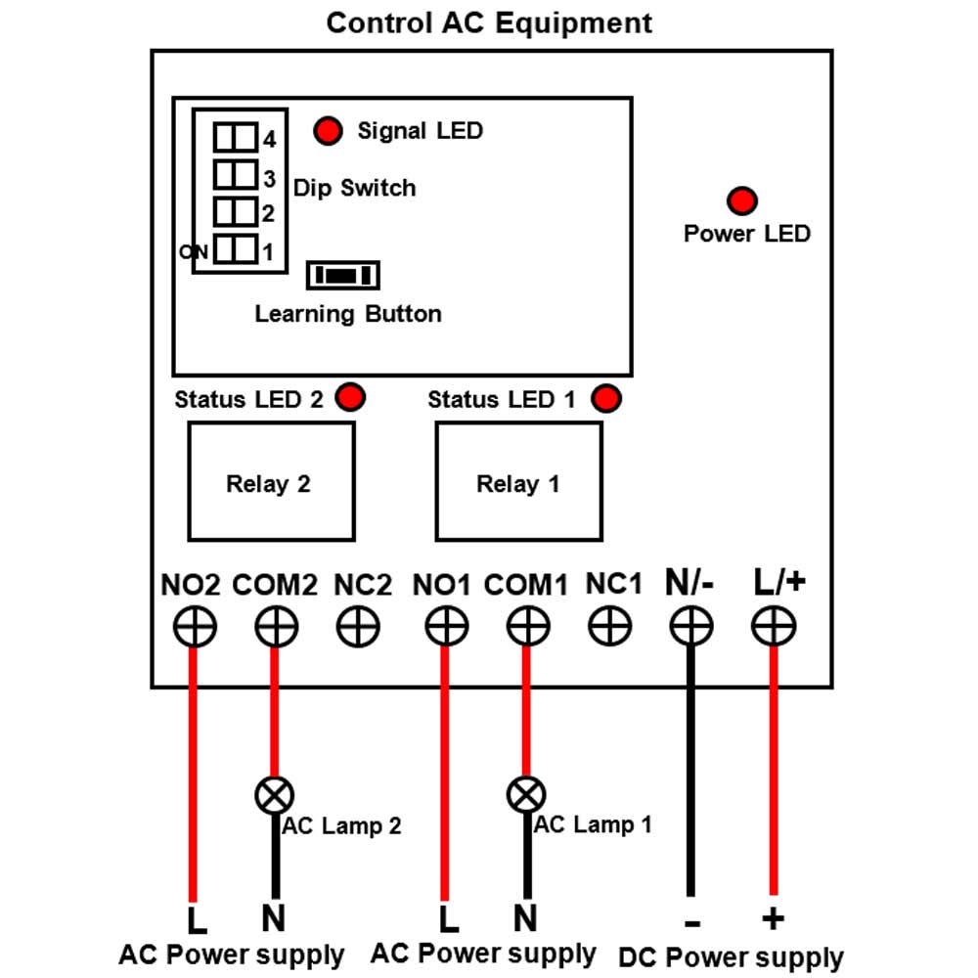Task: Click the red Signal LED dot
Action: pyautogui.click(x=328, y=131)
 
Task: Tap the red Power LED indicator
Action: pyautogui.click(x=741, y=200)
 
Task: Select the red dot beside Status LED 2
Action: pyautogui.click(x=350, y=397)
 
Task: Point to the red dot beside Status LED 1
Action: pyautogui.click(x=606, y=399)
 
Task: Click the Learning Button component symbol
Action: pyautogui.click(x=343, y=275)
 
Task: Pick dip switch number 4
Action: pyautogui.click(x=235, y=137)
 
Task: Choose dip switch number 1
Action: pyautogui.click(x=235, y=248)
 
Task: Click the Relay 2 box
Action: pyautogui.click(x=271, y=481)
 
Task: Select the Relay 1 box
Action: pyautogui.click(x=518, y=481)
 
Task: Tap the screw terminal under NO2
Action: pyautogui.click(x=195, y=626)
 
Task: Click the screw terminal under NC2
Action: pyautogui.click(x=358, y=626)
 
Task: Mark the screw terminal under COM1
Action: pyautogui.click(x=528, y=626)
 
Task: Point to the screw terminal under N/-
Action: pyautogui.click(x=691, y=626)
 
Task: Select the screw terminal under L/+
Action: pyautogui.click(x=774, y=626)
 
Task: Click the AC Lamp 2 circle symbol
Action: pyautogui.click(x=275, y=795)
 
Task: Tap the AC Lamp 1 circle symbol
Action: pyautogui.click(x=526, y=795)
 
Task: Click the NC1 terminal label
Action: pyautogui.click(x=614, y=584)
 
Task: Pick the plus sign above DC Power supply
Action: pyautogui.click(x=773, y=918)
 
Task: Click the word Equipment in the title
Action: pyautogui.click(x=574, y=24)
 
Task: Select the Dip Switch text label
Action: pyautogui.click(x=354, y=189)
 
